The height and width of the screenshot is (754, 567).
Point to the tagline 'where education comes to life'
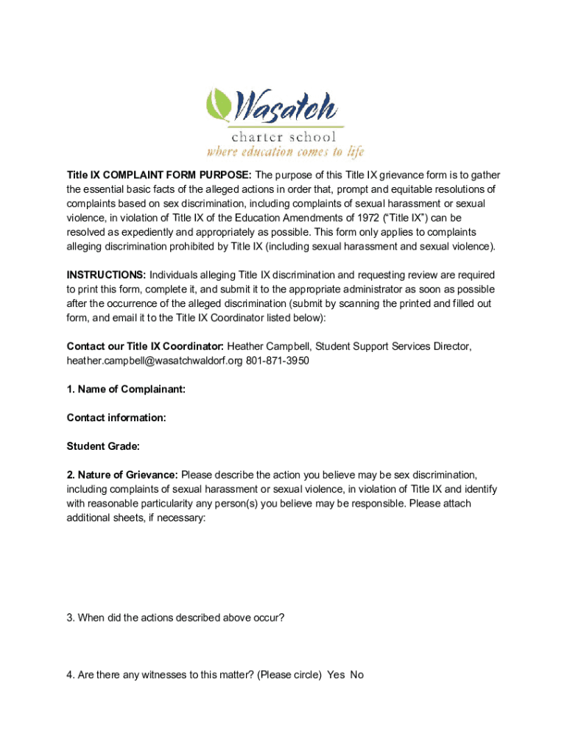click(285, 152)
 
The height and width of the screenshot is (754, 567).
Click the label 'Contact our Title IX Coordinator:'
click(145, 346)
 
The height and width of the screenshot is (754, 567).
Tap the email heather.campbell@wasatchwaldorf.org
click(154, 361)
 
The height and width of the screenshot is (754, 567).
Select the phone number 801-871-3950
click(277, 361)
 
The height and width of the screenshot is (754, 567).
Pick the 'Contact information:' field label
click(116, 417)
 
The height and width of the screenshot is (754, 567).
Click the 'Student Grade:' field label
click(103, 446)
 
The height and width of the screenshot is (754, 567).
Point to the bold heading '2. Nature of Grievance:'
click(121, 474)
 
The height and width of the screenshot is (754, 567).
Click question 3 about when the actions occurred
click(175, 618)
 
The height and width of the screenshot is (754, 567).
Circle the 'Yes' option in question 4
click(337, 674)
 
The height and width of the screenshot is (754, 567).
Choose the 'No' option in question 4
click(357, 674)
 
